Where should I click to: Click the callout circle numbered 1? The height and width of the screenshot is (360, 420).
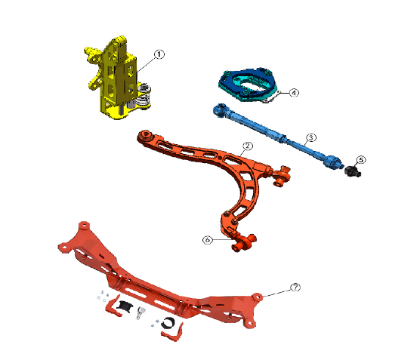pyautogui.click(x=159, y=54)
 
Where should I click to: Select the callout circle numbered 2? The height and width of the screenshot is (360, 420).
pyautogui.click(x=247, y=146)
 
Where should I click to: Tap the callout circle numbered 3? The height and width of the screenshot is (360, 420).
pyautogui.click(x=310, y=138)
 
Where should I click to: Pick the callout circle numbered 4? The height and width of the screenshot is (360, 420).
pyautogui.click(x=295, y=92)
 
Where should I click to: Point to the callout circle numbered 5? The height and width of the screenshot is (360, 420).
pyautogui.click(x=361, y=160)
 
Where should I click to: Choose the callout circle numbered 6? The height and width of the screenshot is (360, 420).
pyautogui.click(x=207, y=240)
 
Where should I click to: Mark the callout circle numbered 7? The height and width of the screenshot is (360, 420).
pyautogui.click(x=295, y=288)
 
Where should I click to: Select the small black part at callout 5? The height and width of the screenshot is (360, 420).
pyautogui.click(x=353, y=172)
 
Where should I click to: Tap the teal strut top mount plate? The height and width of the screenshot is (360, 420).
pyautogui.click(x=249, y=82)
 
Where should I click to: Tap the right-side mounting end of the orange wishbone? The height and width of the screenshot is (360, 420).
pyautogui.click(x=283, y=174)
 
